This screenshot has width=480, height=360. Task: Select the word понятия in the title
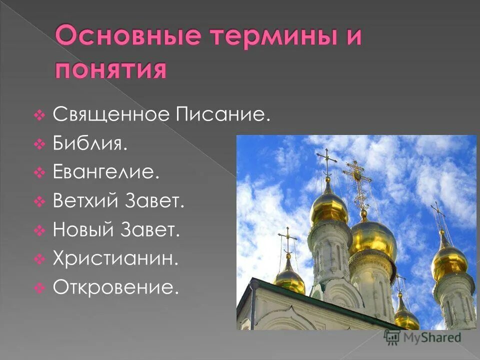[109, 68]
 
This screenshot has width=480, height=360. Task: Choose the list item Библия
[90, 144]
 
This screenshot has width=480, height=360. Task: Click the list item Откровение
[115, 288]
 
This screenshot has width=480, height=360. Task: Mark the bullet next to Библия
[40, 145]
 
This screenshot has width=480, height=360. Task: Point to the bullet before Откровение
[40, 288]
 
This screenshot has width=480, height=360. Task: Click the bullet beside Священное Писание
[40, 116]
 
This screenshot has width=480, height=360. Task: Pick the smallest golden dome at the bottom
[406, 317]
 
